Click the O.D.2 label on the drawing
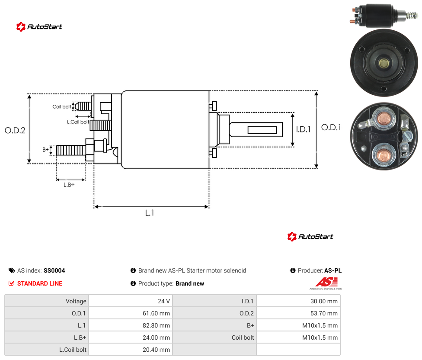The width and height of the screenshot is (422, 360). coord(15,131)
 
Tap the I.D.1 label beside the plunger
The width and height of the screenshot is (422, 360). coord(304,129)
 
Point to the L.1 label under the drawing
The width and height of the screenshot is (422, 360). coord(150,213)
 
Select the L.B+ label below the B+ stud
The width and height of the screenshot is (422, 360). coord(69,185)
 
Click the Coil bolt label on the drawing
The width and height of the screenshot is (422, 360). coord(62,106)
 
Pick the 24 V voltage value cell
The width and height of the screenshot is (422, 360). coord(164,301)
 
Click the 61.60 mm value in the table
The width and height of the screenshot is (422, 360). coord(157,313)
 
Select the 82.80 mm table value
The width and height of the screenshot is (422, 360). coord(157,325)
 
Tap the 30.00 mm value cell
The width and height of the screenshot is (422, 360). coord(324,301)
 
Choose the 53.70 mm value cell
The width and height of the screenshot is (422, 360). coord(324,313)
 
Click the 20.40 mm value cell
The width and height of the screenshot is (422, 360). coord(157,350)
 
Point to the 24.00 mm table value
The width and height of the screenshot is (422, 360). coord(157,337)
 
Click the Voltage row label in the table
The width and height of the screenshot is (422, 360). coord(76,301)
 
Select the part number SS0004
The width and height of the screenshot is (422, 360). coord(54,270)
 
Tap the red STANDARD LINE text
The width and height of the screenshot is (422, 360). coord(40,283)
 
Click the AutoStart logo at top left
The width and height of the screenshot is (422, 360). coord(39,27)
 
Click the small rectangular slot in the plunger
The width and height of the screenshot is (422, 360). coord(262,130)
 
